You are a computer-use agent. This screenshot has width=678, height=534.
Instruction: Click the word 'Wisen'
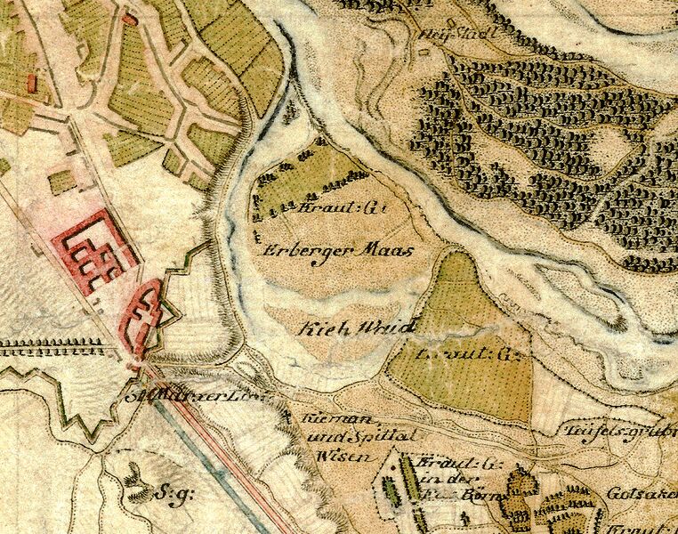[x=326, y=455]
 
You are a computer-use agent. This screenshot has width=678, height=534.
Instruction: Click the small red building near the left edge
[x=33, y=84]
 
